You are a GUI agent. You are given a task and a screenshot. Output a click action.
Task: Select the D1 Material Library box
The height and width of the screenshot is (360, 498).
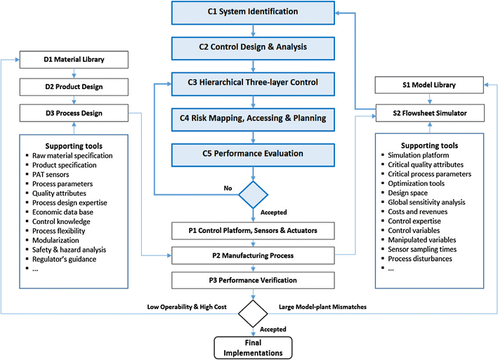pyautogui.click(x=73, y=60)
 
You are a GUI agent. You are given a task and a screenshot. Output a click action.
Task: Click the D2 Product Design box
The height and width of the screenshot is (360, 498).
pyautogui.click(x=73, y=86)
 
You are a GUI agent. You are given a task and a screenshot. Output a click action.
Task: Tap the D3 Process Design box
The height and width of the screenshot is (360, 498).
pyautogui.click(x=73, y=112)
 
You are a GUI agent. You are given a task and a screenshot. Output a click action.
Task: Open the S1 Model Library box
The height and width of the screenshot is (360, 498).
pyautogui.click(x=429, y=86)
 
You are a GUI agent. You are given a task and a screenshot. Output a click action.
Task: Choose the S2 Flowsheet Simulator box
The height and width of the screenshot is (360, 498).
pyautogui.click(x=429, y=112)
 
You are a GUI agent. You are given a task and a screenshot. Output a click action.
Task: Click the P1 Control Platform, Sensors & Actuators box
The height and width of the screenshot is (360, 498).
pyautogui.click(x=251, y=230)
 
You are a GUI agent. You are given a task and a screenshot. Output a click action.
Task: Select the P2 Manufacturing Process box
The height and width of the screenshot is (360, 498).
pyautogui.click(x=251, y=255)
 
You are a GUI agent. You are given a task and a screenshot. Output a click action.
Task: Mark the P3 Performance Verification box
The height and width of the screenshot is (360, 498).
pyautogui.click(x=251, y=281)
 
